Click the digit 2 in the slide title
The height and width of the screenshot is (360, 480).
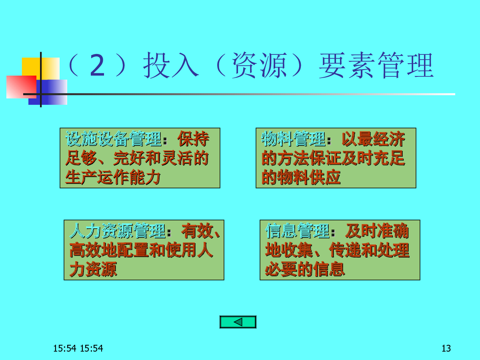click(x=97, y=65)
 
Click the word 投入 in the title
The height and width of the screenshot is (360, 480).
click(x=171, y=65)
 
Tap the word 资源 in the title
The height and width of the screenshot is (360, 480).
click(x=259, y=65)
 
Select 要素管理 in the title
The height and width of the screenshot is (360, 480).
click(x=376, y=65)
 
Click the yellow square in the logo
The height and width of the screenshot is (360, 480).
click(x=41, y=68)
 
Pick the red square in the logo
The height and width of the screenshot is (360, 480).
click(x=22, y=87)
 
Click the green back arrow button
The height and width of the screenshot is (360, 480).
click(x=238, y=322)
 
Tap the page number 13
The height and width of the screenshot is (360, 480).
click(x=446, y=348)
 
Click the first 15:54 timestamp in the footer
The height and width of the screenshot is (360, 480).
click(x=65, y=348)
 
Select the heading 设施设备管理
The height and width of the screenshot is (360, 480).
click(x=114, y=138)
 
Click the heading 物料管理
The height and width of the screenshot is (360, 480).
click(x=294, y=138)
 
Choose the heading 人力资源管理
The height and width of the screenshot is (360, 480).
click(x=118, y=231)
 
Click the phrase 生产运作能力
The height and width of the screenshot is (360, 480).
click(x=113, y=177)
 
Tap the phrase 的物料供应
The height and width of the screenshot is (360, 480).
click(x=301, y=177)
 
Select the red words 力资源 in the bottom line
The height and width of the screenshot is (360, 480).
click(x=93, y=269)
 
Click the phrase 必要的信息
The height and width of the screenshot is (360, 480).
click(x=305, y=269)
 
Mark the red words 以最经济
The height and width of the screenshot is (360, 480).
click(x=373, y=138)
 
